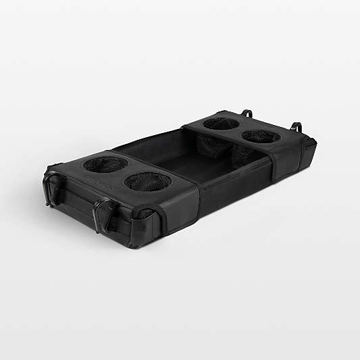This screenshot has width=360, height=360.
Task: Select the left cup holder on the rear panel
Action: pos(221,124)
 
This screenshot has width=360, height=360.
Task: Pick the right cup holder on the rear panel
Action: pos(261,136)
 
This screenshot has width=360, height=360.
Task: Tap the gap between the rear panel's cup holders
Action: pos(241,130)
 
